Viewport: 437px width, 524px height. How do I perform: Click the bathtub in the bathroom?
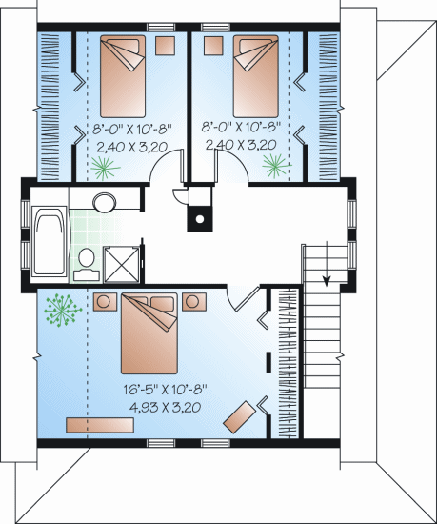click(x=50, y=242)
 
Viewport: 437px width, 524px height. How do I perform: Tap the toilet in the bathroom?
click(x=87, y=264)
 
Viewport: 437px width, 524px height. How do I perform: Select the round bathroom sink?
click(x=105, y=202)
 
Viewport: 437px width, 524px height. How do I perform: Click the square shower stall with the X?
click(x=121, y=264)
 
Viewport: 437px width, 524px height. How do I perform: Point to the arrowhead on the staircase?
click(x=327, y=281)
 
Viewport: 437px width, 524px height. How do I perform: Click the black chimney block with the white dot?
click(x=200, y=219)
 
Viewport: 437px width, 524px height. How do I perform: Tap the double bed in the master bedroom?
click(x=149, y=333)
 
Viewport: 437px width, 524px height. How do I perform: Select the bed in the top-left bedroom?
click(x=123, y=76)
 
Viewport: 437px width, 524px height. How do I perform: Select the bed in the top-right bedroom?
click(x=256, y=76)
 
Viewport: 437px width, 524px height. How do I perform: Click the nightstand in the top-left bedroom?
click(x=165, y=46)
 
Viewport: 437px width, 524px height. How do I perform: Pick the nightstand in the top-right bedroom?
click(x=213, y=46)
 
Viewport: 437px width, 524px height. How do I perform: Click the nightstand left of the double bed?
click(x=105, y=302)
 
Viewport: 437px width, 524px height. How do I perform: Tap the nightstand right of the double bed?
click(x=194, y=302)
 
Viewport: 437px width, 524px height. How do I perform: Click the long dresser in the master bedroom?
click(x=100, y=425)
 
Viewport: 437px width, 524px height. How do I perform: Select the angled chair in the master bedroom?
click(x=239, y=417)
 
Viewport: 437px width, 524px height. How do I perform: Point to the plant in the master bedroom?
click(x=63, y=310)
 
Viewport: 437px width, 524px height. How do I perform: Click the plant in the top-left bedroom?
click(x=105, y=168)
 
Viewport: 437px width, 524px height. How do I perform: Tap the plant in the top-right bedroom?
click(x=276, y=166)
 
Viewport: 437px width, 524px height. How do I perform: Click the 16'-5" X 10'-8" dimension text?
click(x=166, y=390)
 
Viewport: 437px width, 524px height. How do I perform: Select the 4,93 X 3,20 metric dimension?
click(x=166, y=407)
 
